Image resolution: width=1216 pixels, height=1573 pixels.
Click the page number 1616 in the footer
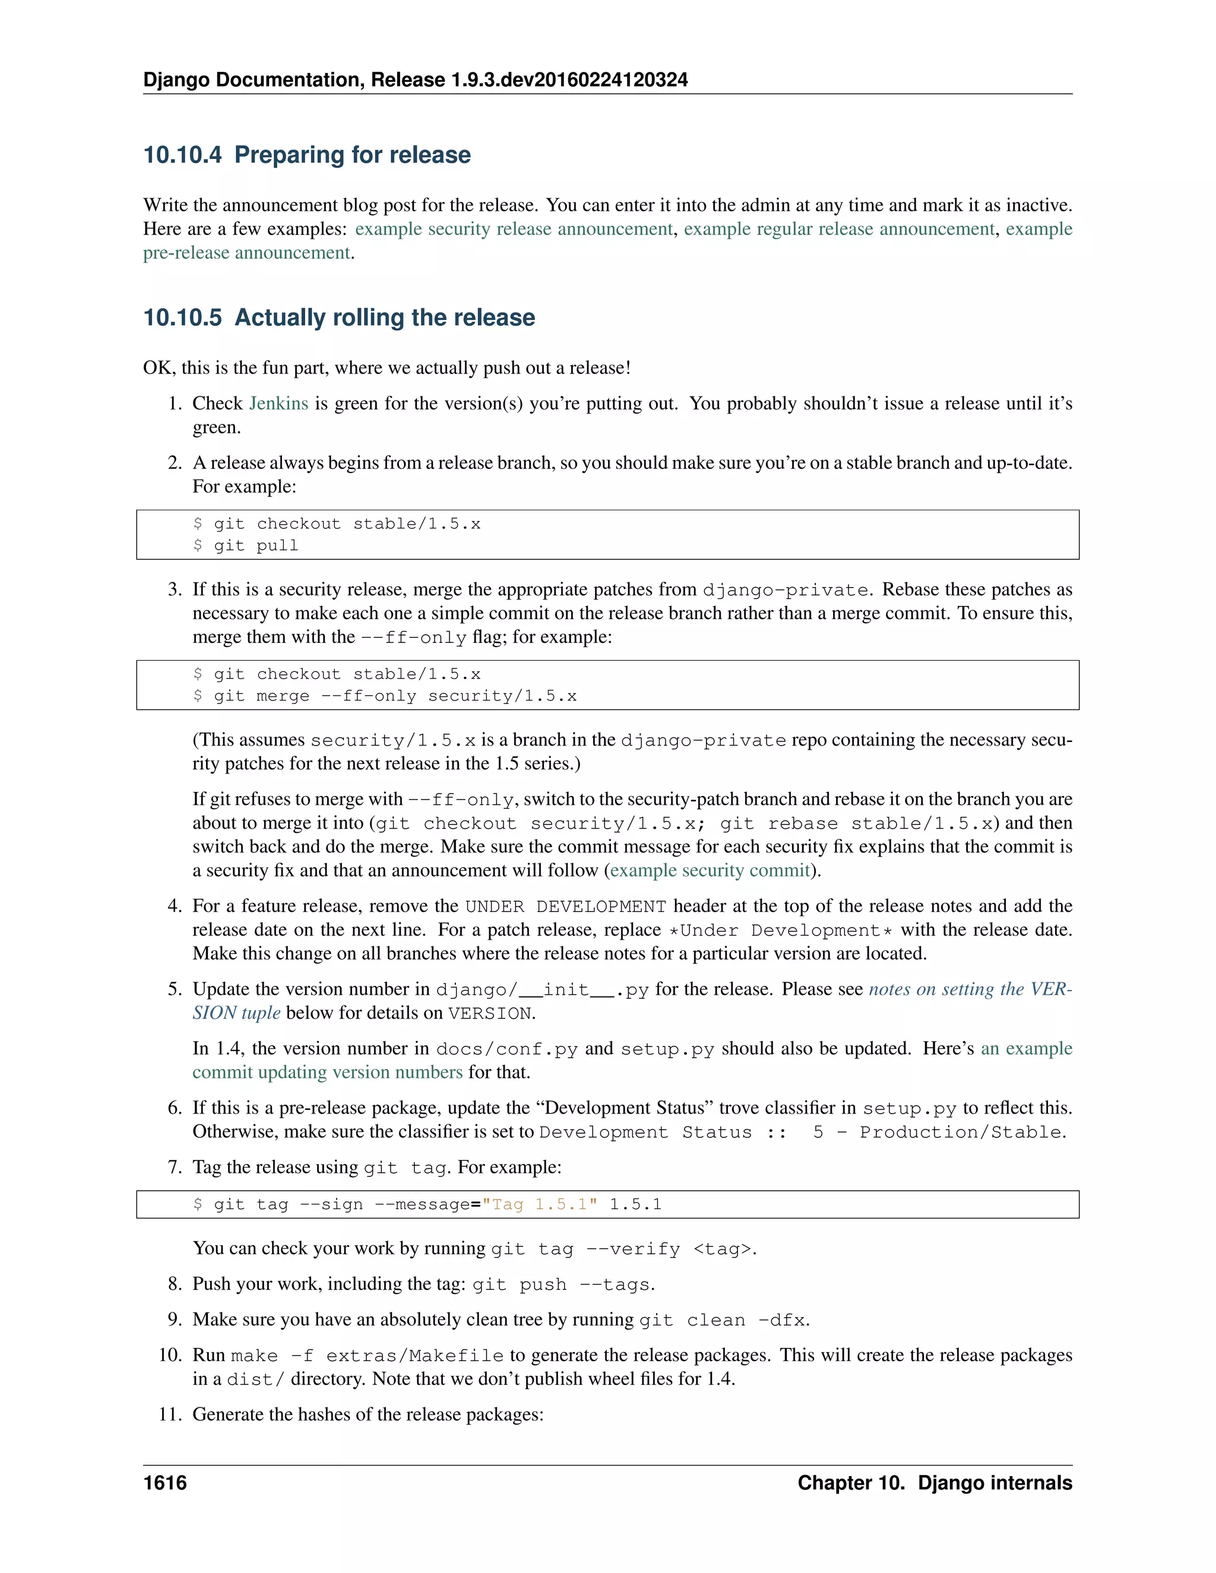click(165, 1483)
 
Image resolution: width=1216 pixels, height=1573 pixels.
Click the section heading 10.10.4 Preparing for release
click(307, 155)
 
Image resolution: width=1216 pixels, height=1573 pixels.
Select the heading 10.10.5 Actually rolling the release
click(338, 318)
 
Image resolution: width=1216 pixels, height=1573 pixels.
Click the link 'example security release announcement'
click(514, 229)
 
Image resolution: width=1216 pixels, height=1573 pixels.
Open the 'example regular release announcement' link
click(839, 229)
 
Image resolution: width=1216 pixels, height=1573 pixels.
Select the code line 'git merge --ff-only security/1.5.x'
click(395, 696)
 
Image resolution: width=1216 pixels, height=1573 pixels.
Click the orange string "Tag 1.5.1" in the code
click(540, 1205)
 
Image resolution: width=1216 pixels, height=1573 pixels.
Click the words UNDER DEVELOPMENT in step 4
click(565, 907)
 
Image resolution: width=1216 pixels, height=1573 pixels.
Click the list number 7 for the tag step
click(175, 1168)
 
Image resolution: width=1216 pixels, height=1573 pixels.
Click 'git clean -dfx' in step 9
click(722, 1320)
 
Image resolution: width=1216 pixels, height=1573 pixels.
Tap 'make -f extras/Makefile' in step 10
click(367, 1356)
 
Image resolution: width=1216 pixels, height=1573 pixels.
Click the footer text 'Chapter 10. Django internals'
click(935, 1483)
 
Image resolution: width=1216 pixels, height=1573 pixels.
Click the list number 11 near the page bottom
click(169, 1415)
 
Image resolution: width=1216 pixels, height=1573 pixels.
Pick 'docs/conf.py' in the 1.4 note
click(506, 1049)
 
